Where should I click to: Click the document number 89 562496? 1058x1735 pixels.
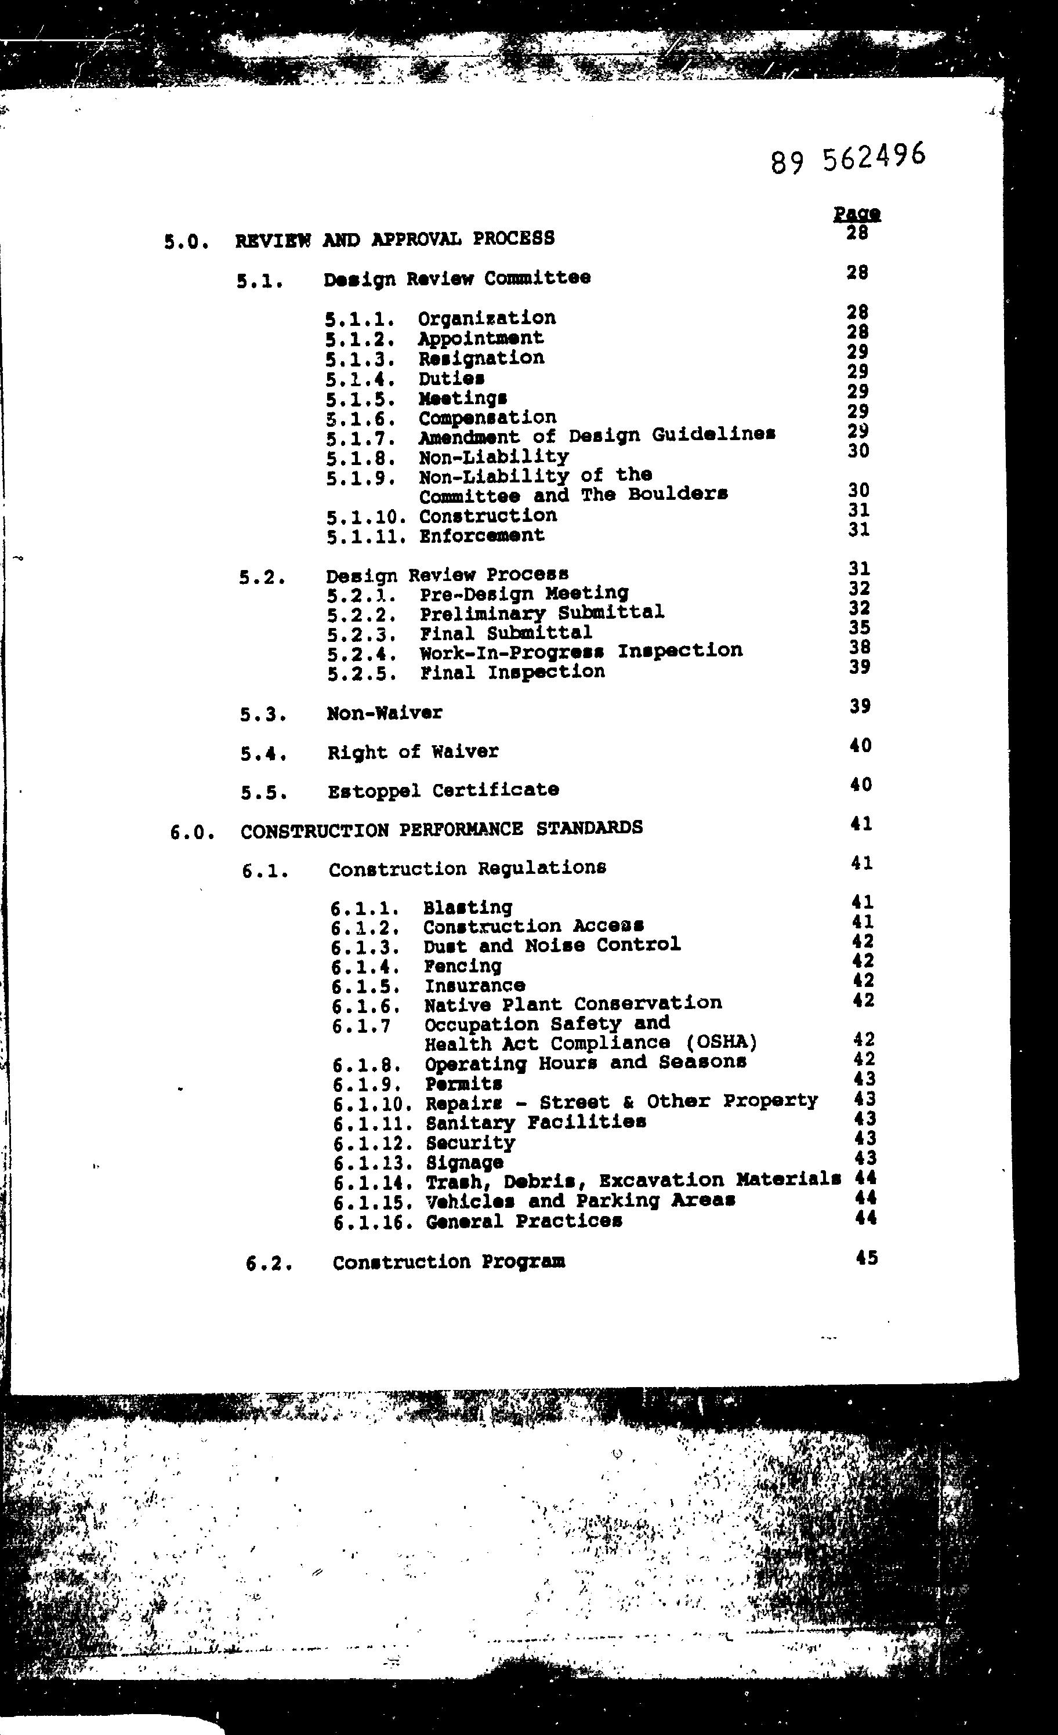coord(847,158)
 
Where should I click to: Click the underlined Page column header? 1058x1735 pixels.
coord(857,213)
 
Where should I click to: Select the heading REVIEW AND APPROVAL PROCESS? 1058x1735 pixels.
coord(394,239)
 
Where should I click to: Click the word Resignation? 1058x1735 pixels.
coord(481,358)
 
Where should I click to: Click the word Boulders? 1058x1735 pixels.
coord(677,493)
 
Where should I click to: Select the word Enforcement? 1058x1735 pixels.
coord(482,535)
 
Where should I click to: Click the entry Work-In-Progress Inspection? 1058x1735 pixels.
coord(581,651)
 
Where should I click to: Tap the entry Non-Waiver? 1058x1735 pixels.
coord(385,713)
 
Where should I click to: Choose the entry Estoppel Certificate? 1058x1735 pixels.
coord(443,790)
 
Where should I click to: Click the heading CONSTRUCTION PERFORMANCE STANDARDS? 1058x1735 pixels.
coord(441,829)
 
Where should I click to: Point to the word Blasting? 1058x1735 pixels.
coord(467,907)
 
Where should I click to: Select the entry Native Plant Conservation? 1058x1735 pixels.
coord(573,1003)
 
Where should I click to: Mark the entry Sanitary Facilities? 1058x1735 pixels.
coord(535,1121)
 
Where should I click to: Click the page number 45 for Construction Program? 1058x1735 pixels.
coord(867,1258)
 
